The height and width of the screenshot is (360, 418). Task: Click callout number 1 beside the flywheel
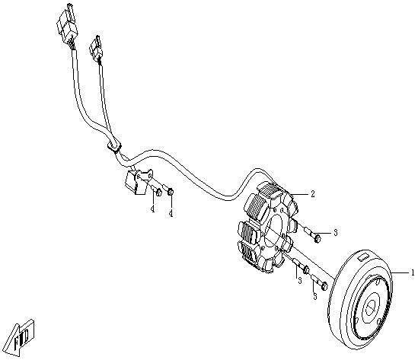click(413, 272)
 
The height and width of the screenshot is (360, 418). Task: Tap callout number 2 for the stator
click(313, 194)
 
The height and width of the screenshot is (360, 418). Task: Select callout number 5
click(315, 296)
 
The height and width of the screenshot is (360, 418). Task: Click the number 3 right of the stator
click(335, 232)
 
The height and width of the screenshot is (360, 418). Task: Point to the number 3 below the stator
click(300, 281)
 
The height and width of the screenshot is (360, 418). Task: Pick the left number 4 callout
click(152, 209)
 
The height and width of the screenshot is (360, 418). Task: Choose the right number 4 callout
click(171, 213)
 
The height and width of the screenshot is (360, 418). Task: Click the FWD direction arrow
click(20, 338)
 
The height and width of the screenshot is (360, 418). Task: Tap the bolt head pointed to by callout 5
click(324, 287)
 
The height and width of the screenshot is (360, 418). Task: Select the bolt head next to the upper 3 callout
click(317, 238)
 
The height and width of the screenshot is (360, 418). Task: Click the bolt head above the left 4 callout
click(158, 193)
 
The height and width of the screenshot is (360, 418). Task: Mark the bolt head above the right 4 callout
click(171, 192)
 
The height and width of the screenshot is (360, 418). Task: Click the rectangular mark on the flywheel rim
click(364, 257)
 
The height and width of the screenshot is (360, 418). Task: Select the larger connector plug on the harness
click(67, 24)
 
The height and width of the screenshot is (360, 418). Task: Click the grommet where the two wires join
click(114, 146)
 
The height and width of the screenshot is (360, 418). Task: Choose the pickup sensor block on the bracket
click(132, 181)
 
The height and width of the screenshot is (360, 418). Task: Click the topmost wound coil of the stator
click(270, 190)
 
